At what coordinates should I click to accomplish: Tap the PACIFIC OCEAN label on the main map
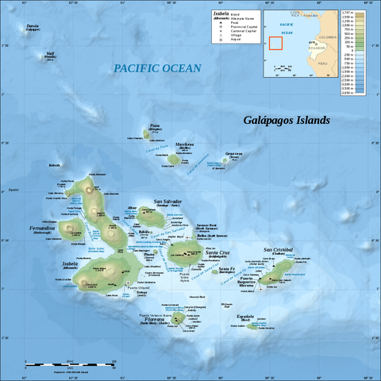pyautogui.click(x=157, y=68)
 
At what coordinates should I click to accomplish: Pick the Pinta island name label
pyautogui.click(x=155, y=125)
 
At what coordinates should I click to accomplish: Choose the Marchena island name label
pyautogui.click(x=184, y=144)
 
